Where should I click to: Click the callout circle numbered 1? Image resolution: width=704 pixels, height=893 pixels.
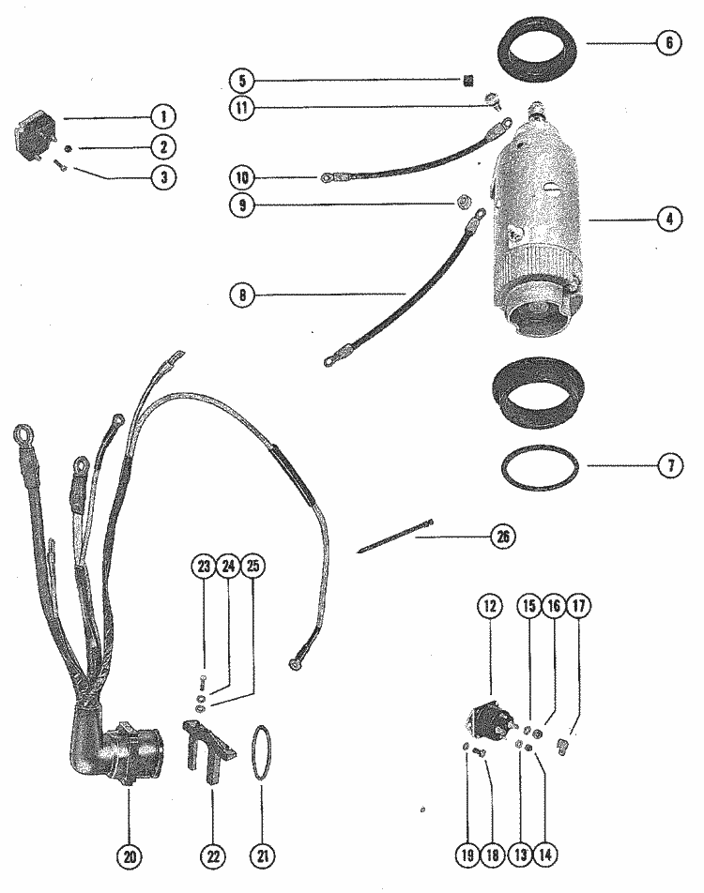click(162, 116)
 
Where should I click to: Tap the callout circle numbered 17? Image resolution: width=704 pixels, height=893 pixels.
click(579, 607)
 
